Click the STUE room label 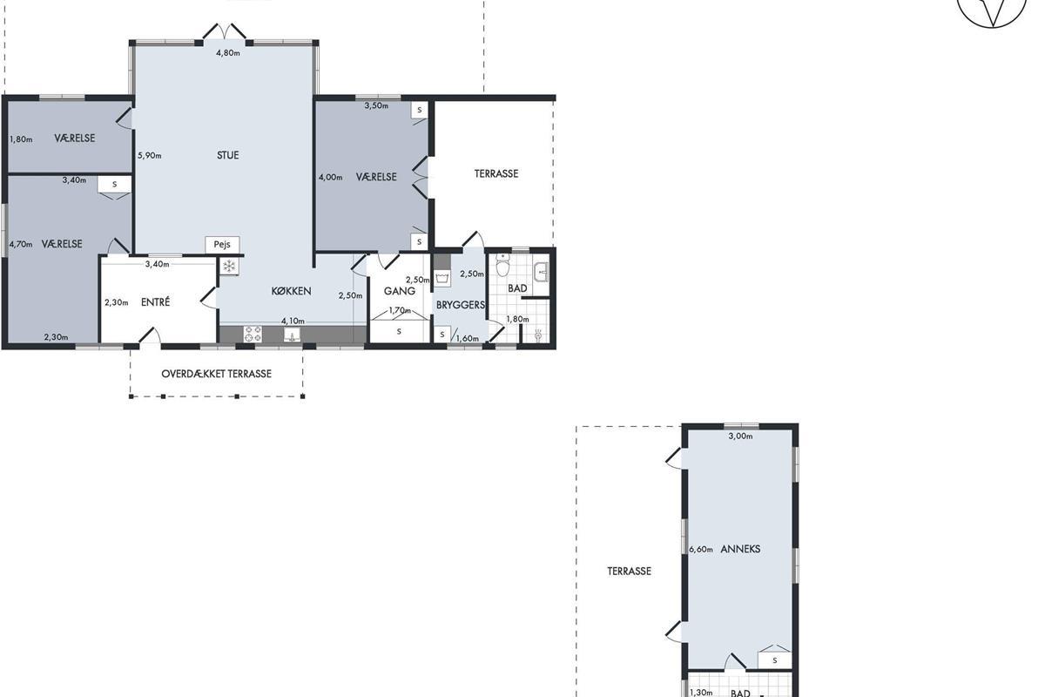(227, 155)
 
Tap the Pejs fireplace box (222, 245)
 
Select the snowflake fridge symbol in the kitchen (229, 267)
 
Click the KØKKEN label (291, 291)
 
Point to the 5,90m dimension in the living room (149, 155)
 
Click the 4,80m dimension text (227, 53)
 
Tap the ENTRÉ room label (155, 302)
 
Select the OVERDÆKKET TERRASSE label (217, 374)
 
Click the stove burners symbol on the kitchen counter (253, 335)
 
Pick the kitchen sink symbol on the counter (292, 335)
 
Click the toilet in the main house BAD (502, 266)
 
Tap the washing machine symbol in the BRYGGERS (442, 279)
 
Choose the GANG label (400, 291)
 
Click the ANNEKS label (740, 549)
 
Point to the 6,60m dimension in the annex (701, 550)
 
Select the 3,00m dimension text (740, 436)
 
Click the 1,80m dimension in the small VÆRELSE (21, 139)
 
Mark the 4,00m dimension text (330, 178)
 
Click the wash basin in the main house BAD (541, 272)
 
